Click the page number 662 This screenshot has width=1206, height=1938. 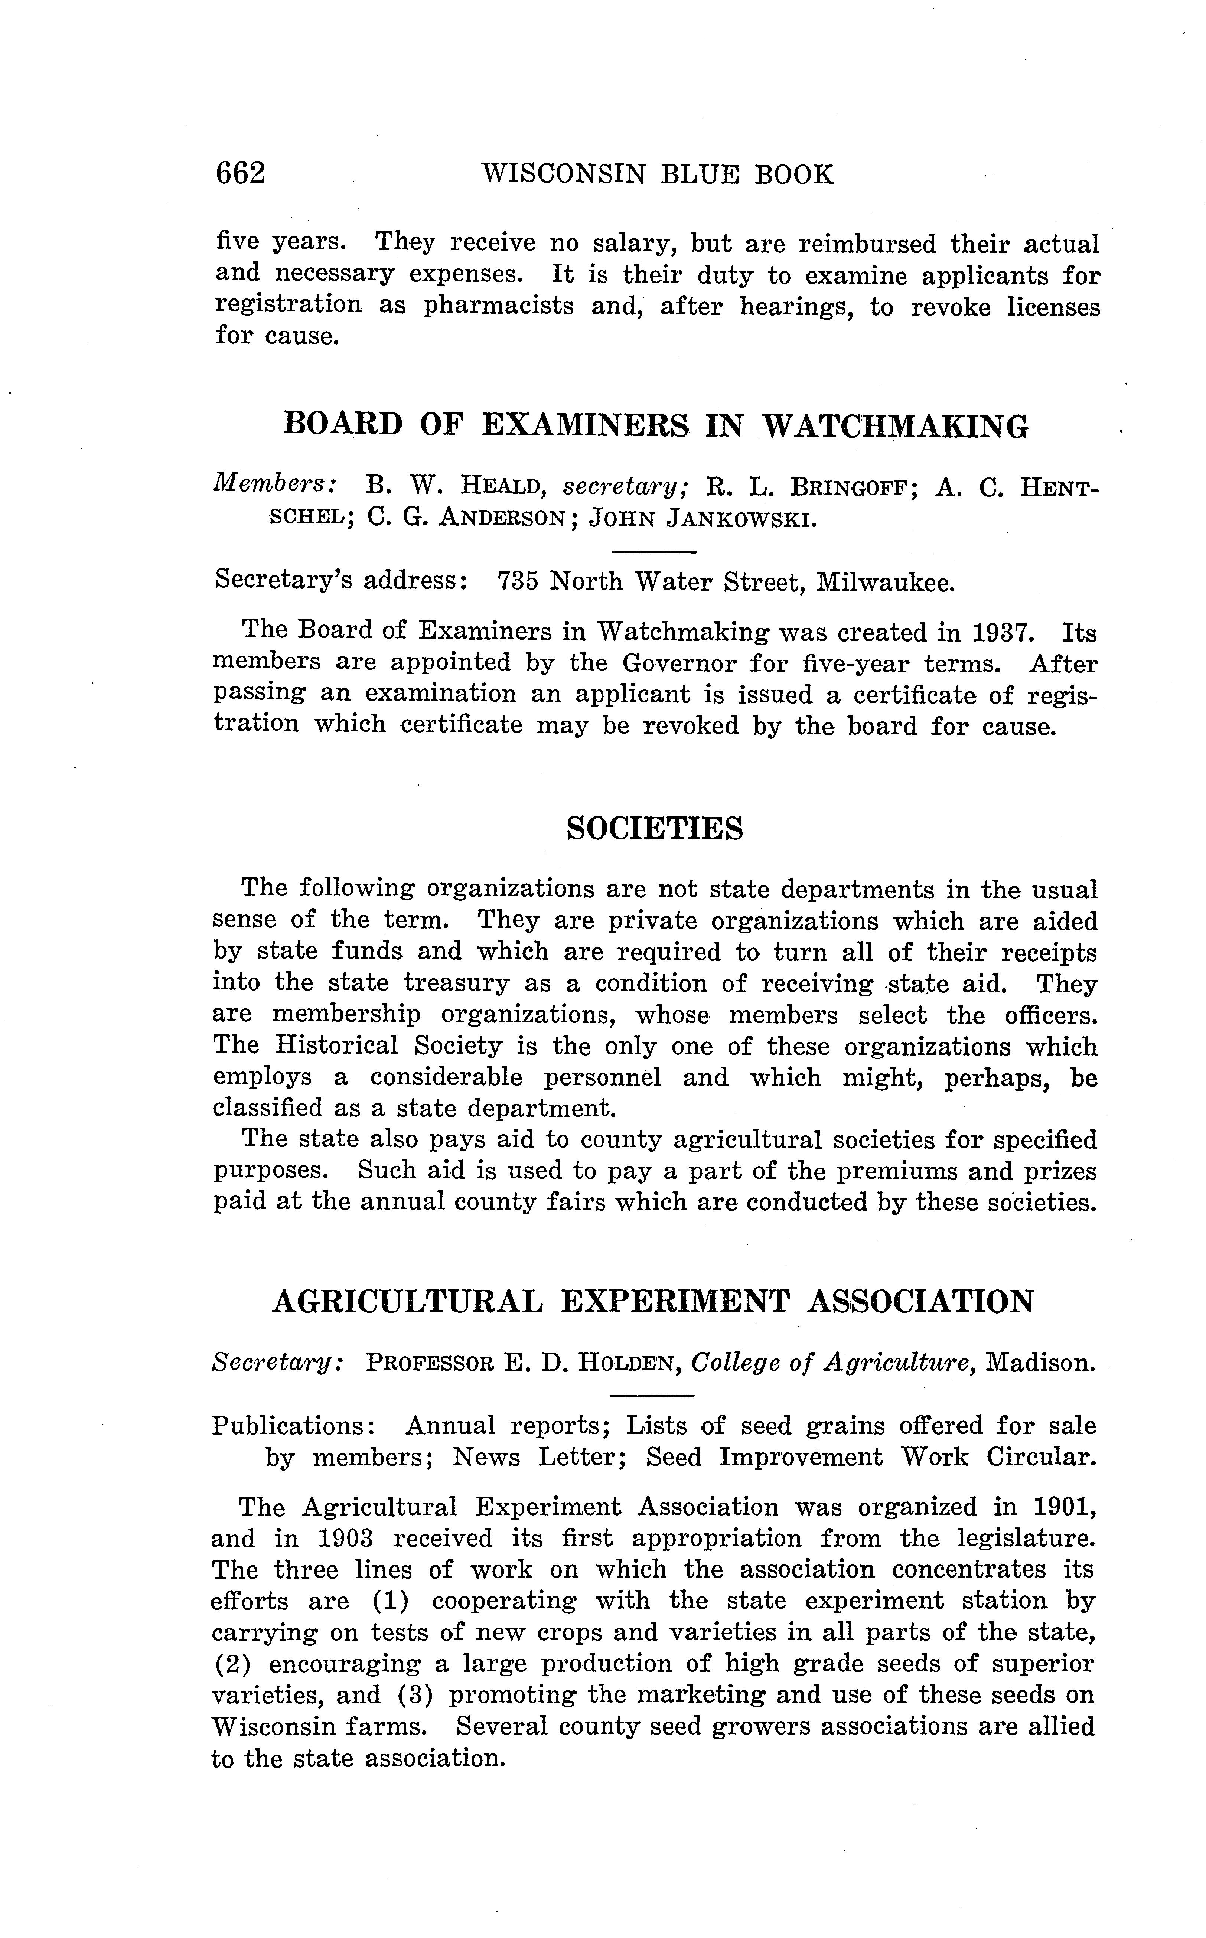tap(240, 173)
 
